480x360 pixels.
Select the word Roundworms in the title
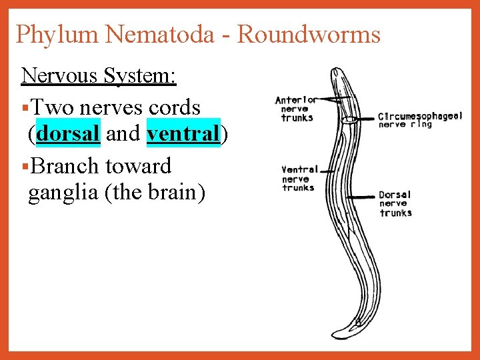[309, 34]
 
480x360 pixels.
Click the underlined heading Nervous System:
[99, 75]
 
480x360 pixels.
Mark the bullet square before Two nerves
[25, 107]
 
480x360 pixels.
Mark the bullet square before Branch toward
[25, 166]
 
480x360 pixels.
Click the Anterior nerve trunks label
[296, 109]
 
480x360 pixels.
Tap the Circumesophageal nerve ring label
[419, 119]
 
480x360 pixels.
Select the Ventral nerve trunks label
[299, 179]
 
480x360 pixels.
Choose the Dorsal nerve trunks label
[395, 204]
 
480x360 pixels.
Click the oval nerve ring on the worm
[349, 121]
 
